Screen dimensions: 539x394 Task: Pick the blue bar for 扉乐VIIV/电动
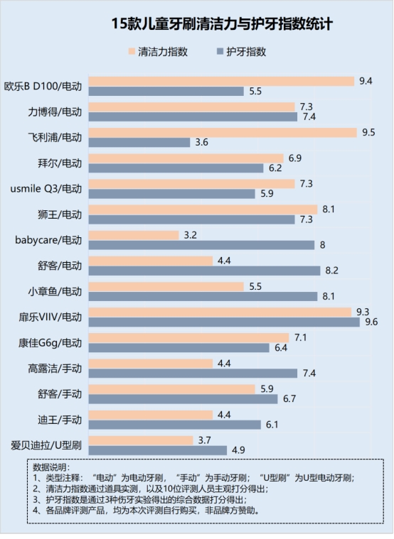tap(223, 322)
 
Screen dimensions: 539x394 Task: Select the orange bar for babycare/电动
tap(133, 234)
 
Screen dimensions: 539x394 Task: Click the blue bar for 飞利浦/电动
tap(139, 143)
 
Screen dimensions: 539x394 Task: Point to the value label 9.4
tap(366, 81)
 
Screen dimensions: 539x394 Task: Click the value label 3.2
tap(190, 234)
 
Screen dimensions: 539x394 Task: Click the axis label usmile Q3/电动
tap(46, 189)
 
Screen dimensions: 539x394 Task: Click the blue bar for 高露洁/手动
tap(192, 373)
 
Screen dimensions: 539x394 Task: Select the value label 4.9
tap(238, 450)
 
